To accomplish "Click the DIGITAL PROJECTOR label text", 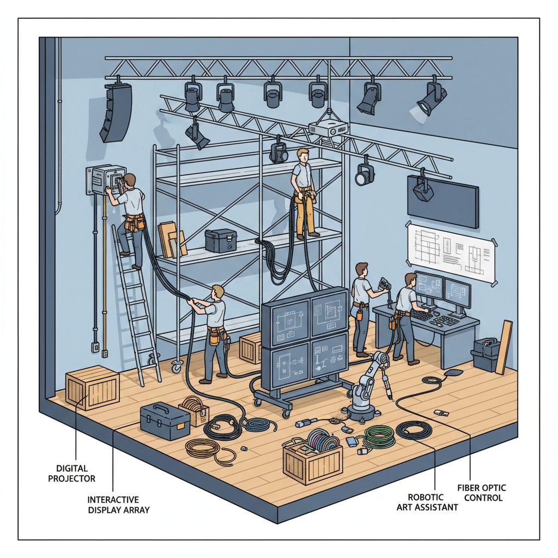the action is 72,474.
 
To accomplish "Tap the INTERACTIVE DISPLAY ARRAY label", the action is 118,505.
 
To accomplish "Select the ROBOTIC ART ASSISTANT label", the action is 427,502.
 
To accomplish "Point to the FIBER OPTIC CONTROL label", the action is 482,493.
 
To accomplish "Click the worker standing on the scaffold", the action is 304,193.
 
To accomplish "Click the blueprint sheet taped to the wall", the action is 452,253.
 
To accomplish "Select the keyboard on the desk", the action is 445,320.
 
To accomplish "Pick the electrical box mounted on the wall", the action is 106,180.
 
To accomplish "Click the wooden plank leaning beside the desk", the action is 504,347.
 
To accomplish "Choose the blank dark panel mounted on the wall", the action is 443,202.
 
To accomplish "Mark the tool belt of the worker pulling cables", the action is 217,335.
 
